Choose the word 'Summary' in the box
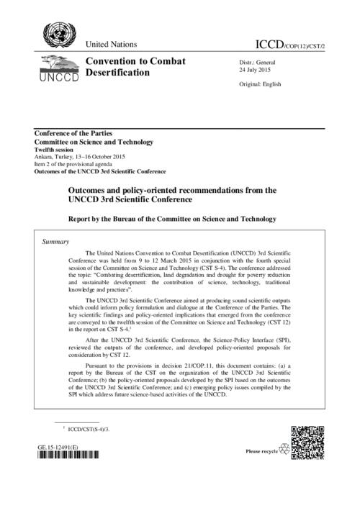58,242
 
